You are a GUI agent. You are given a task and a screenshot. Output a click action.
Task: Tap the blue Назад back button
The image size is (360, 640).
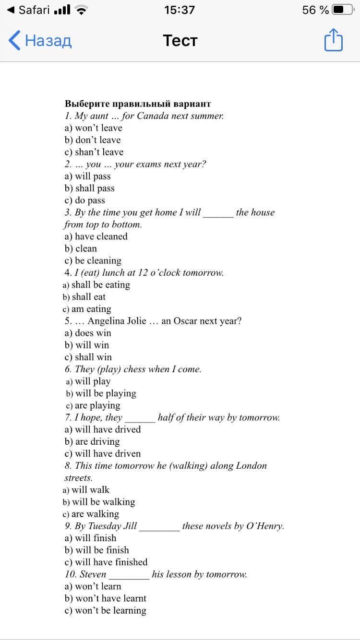[40, 40]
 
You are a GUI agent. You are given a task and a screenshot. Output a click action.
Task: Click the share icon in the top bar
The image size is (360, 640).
[334, 40]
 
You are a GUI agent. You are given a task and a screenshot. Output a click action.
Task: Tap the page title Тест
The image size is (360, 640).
[180, 40]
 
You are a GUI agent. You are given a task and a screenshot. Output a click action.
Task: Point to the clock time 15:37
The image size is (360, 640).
[180, 10]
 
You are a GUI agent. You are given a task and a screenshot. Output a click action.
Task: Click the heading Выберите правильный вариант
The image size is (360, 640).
[138, 104]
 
